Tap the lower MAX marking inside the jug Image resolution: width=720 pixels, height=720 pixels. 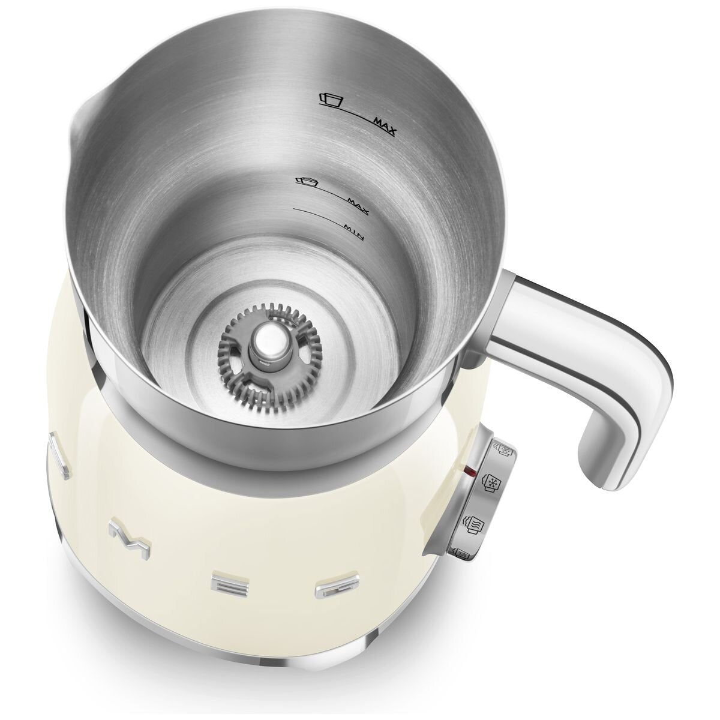[x=358, y=206]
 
